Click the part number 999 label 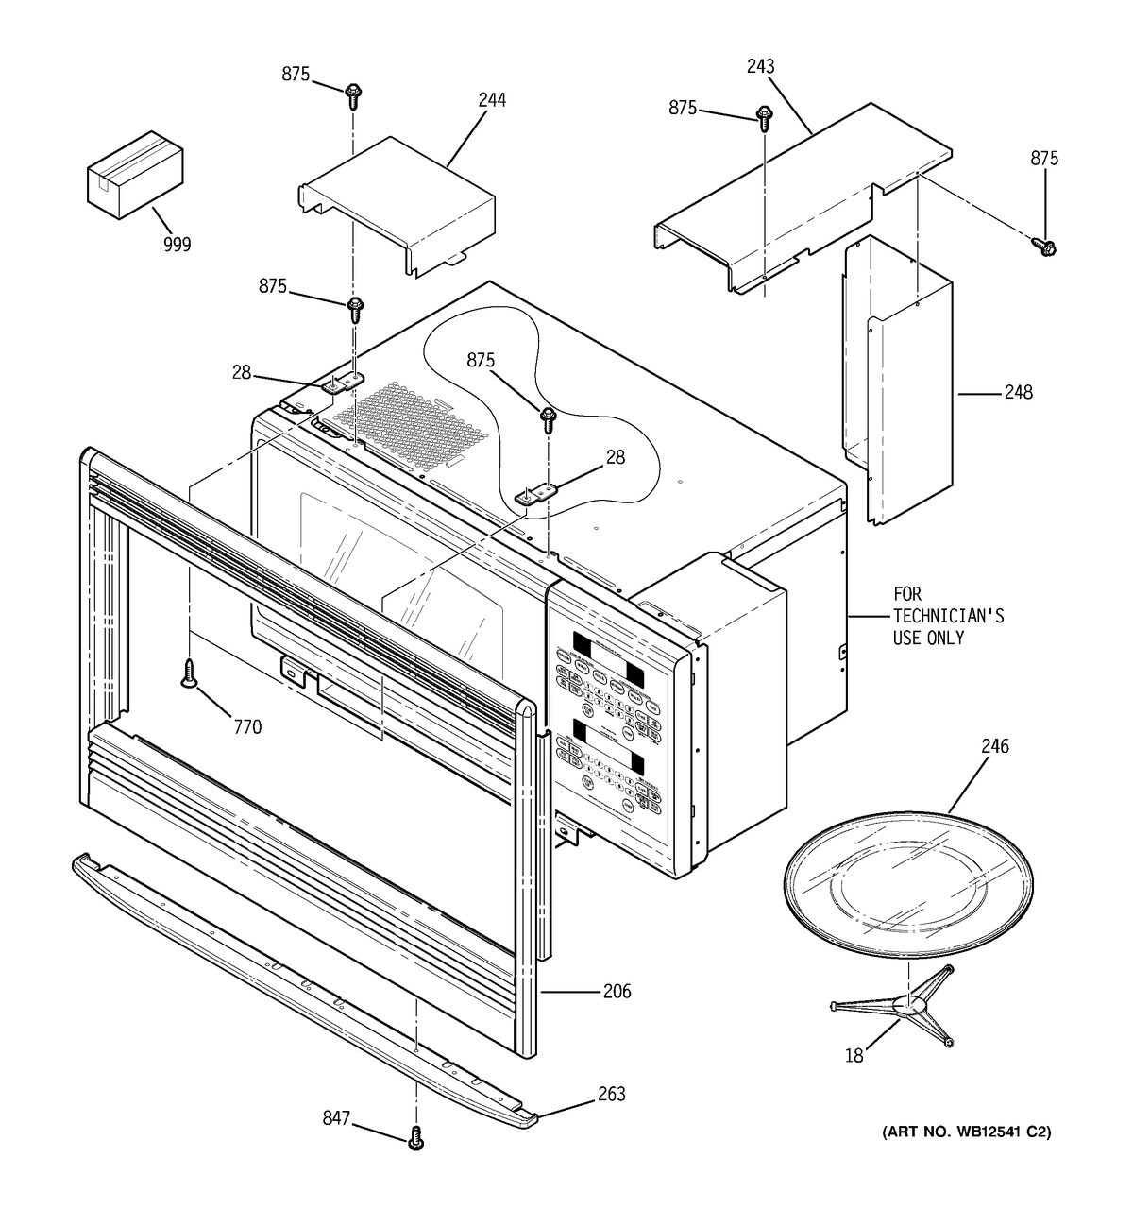(x=176, y=245)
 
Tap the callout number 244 (x=490, y=99)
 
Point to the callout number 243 (x=759, y=66)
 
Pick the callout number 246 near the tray (x=994, y=746)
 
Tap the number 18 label (x=854, y=1056)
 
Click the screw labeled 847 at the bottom (x=415, y=1140)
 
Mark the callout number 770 (x=246, y=727)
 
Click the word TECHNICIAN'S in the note (x=948, y=617)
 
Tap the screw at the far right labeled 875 (x=1045, y=246)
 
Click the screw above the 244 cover (x=354, y=94)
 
